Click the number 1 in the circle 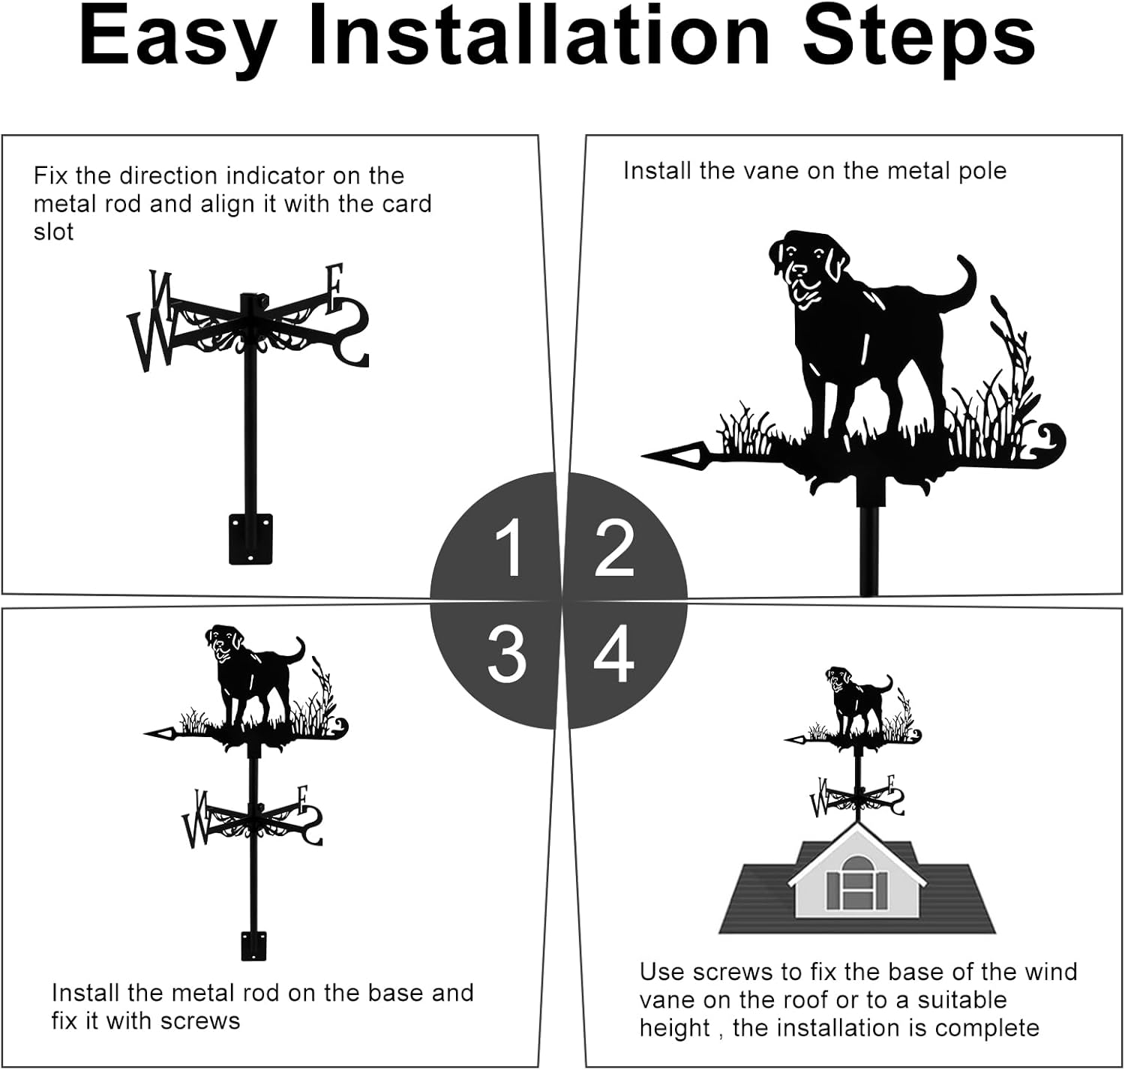coord(509,548)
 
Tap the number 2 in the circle coord(614,549)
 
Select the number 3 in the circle coord(506,654)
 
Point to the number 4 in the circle coord(614,654)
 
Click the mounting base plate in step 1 coord(250,538)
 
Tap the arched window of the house coord(856,884)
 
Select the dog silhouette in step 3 coord(247,667)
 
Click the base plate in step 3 coord(253,945)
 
